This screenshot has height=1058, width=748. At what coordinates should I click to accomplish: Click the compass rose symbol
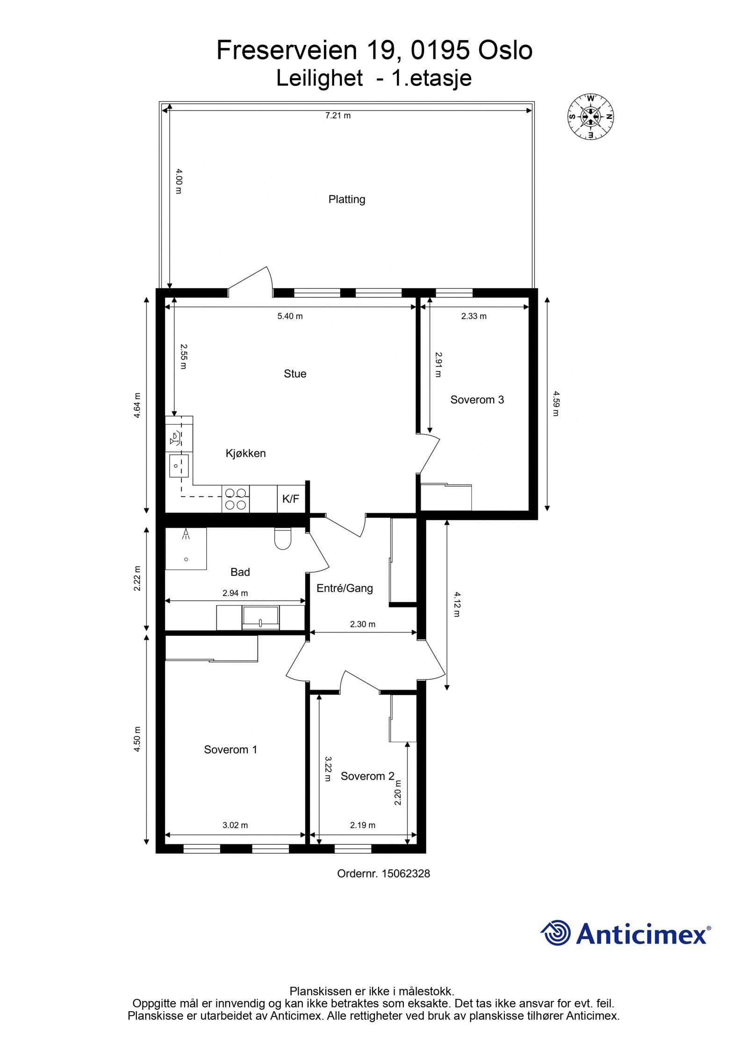coord(590,116)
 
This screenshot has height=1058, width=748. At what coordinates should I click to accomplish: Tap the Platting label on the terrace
coord(346,200)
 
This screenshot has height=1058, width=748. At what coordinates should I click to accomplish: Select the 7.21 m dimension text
coord(338,115)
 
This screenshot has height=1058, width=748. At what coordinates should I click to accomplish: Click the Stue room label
coord(295,374)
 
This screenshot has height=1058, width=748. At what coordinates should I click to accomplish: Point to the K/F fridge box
coord(291,499)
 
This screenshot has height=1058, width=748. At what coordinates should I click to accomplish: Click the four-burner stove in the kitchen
coord(235,499)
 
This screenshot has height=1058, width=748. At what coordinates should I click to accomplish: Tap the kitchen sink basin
coord(179,466)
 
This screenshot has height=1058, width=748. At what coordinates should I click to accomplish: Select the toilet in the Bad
coord(282,539)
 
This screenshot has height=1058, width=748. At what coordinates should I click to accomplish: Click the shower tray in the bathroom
coord(186,549)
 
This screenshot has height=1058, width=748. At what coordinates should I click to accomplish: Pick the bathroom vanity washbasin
coord(260,618)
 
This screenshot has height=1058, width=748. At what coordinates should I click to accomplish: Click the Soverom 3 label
coord(477,400)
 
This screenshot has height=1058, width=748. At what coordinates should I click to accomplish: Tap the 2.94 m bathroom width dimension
coord(235,593)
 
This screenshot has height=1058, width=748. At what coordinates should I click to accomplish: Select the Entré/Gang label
coord(345,588)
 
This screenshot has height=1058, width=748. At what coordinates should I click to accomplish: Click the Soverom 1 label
coord(230,749)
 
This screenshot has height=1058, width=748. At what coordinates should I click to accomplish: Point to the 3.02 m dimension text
coord(235,825)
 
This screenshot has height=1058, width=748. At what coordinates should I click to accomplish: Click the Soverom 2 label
coord(367,776)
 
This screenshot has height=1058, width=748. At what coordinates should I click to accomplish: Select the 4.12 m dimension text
coord(457,604)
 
